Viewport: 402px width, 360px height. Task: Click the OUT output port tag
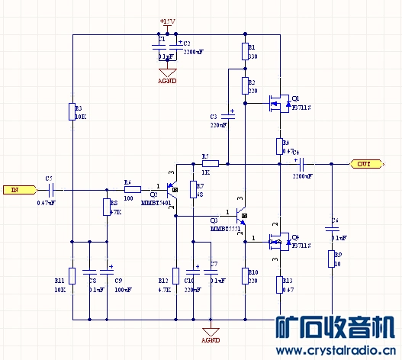tap(365, 164)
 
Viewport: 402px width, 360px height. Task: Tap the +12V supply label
tap(167, 21)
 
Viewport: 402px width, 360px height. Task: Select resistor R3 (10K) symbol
tap(72, 111)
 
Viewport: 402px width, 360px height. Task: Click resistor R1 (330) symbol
tap(245, 52)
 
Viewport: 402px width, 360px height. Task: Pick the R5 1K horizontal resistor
tap(211, 163)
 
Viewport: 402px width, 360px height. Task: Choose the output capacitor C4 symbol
tap(303, 163)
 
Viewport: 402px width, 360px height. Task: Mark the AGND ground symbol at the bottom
tap(210, 333)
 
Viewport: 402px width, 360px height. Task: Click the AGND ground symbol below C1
tap(166, 75)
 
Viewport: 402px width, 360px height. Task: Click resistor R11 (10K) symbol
tap(72, 276)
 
